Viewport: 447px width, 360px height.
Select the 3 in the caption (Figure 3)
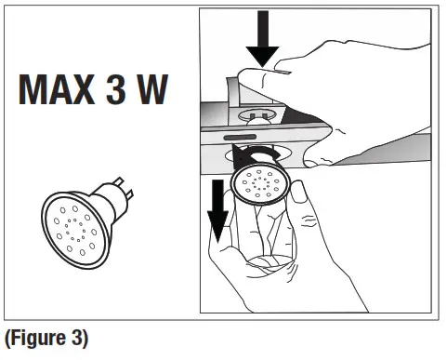[88, 339]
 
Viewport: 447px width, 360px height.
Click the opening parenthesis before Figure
[7, 339]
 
